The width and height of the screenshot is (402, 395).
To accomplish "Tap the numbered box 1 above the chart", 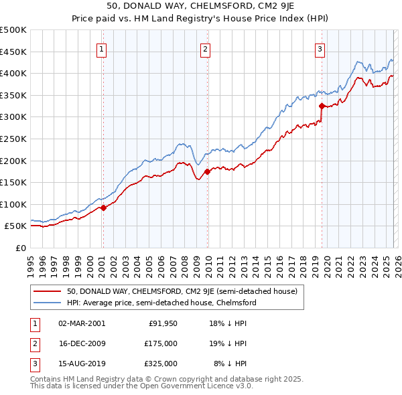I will point(101,48).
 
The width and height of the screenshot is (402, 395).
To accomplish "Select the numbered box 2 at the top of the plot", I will point(205,48).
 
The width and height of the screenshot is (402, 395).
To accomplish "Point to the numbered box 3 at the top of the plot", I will point(320,48).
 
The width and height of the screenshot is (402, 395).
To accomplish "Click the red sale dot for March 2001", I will point(103,208).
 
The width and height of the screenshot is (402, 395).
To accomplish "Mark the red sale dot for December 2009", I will point(207,171).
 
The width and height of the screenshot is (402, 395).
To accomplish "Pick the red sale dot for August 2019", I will point(322,106).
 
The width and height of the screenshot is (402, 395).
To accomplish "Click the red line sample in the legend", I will point(48,291).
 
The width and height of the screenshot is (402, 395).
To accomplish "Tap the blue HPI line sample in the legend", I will point(48,303).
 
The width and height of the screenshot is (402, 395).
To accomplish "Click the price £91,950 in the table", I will point(163,323).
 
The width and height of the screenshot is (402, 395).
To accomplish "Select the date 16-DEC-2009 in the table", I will point(82,343).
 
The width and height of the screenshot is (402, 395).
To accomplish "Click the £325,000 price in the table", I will point(161,364).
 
